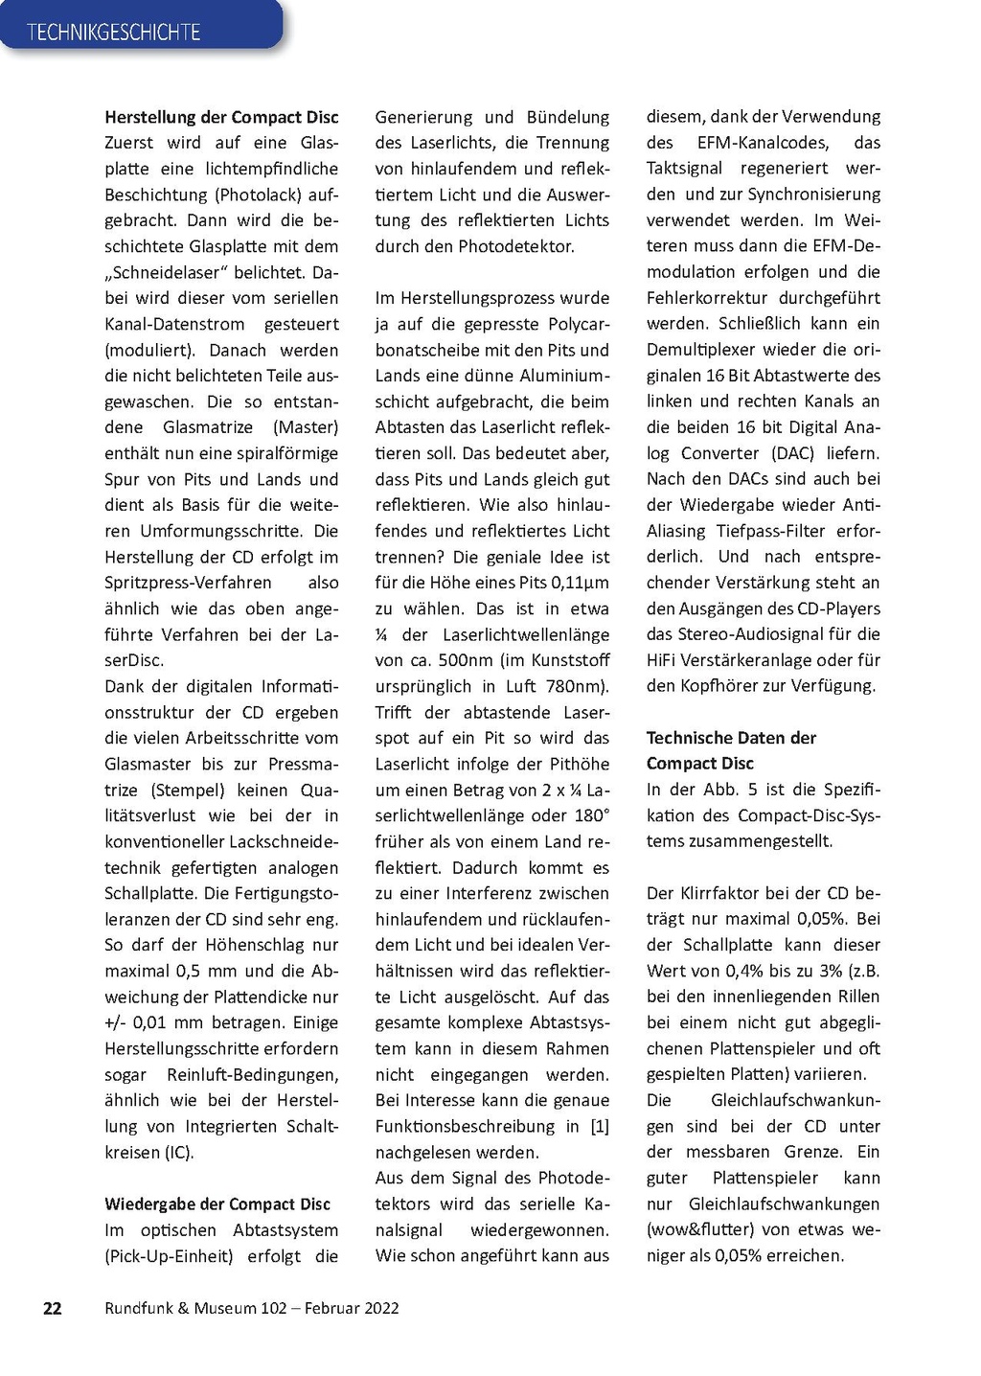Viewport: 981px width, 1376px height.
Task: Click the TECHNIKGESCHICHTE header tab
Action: pos(113,32)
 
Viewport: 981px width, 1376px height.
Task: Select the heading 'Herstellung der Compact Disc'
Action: pos(221,117)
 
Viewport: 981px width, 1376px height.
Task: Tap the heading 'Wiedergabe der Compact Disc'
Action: pos(217,1204)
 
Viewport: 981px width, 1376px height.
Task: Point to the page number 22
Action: pos(53,1308)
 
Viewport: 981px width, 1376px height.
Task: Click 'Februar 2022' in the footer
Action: pos(352,1308)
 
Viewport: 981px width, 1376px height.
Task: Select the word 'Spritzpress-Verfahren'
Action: pos(188,583)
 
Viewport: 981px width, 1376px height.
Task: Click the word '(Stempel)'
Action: pos(188,790)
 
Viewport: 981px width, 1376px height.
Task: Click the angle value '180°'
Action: pos(590,815)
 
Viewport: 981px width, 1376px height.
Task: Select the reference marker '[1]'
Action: pos(600,1126)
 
